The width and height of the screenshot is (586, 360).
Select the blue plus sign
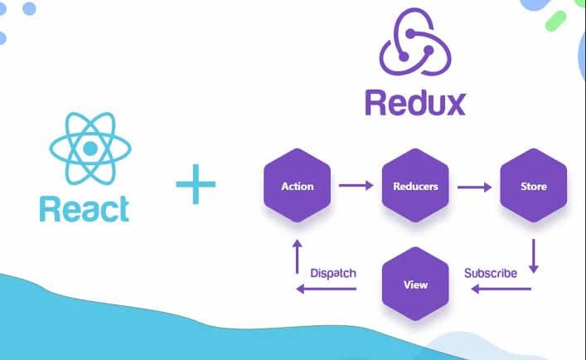(x=195, y=184)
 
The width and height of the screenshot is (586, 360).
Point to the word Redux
(x=414, y=103)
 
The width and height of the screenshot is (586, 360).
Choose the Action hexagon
(x=298, y=186)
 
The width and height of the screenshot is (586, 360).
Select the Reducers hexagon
(x=414, y=186)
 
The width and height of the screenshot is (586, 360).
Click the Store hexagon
(x=534, y=186)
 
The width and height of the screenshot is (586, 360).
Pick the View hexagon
(x=414, y=285)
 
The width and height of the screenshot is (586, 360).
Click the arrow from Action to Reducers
(x=356, y=186)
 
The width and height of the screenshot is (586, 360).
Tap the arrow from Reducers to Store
(x=473, y=186)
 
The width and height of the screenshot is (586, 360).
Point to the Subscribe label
(x=491, y=272)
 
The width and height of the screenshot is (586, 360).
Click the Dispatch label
(x=332, y=272)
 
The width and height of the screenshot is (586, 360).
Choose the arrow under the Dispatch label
(x=327, y=289)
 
